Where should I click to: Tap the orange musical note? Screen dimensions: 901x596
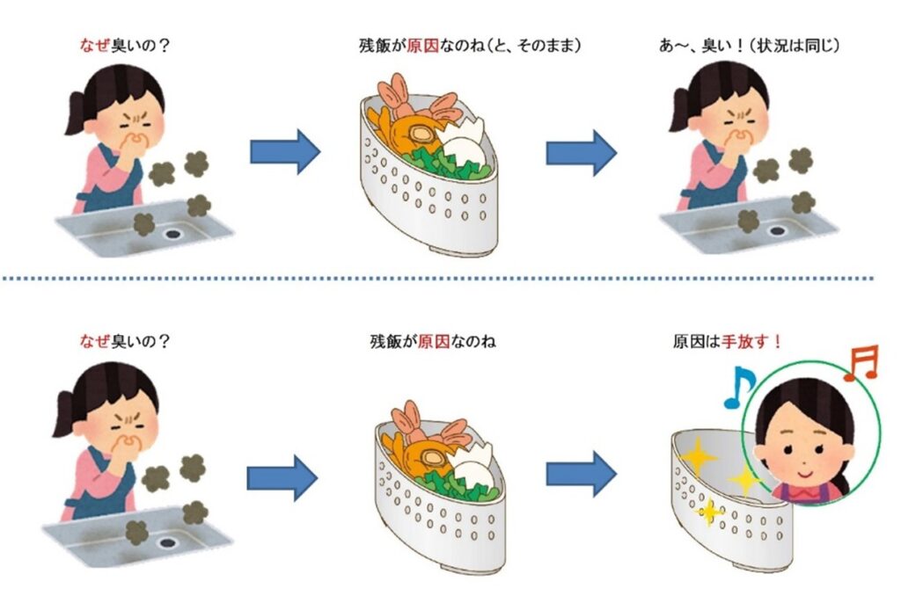pos(862,363)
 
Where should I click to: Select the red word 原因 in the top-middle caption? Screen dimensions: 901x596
pos(422,46)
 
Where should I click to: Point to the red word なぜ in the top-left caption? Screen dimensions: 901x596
pos(94,46)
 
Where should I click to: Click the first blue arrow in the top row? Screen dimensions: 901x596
pos(285,151)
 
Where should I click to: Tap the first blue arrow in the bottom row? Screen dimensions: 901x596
pos(282,477)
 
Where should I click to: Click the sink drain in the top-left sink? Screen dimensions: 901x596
pos(172,234)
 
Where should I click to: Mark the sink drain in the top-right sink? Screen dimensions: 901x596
pos(777,231)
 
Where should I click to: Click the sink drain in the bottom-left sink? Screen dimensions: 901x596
pos(167,542)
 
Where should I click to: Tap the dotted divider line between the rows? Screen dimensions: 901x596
pos(438,279)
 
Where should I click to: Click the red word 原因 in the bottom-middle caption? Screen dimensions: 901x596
pos(433,342)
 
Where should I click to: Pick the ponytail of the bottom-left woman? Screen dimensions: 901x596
pos(65,413)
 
